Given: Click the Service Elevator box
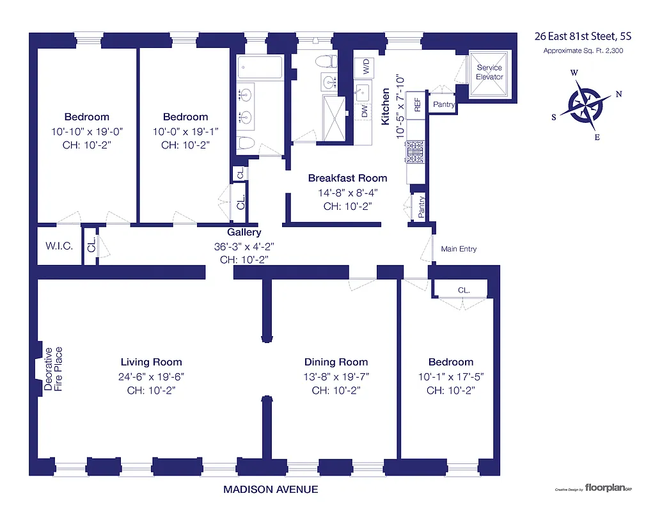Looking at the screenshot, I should (489, 72).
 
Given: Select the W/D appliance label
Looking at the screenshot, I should (365, 65).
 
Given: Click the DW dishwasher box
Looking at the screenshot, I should (364, 111).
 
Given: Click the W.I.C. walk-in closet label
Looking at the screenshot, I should (59, 246).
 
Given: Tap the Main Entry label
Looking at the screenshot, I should (459, 249).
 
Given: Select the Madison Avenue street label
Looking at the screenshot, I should (270, 490).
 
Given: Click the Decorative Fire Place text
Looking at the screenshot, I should (53, 369).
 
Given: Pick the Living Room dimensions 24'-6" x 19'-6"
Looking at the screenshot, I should (152, 376).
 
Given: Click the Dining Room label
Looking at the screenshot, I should (336, 362).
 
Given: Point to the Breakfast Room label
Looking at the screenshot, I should (347, 179).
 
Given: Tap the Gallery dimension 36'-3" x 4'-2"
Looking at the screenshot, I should (244, 246).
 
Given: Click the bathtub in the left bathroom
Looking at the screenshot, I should (260, 68).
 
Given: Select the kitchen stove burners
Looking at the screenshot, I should (413, 152).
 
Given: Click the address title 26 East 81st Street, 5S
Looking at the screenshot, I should (587, 36).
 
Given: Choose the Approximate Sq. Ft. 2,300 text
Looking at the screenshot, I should (587, 51).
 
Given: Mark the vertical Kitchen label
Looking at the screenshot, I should (386, 107).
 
